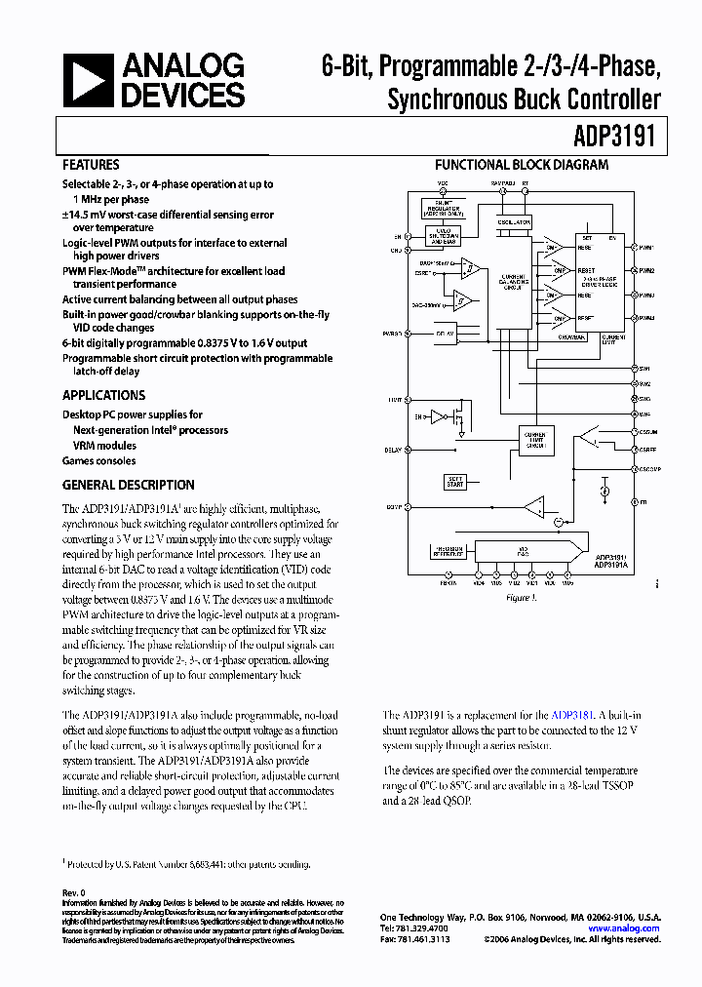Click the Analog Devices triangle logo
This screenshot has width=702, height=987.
pos(89,81)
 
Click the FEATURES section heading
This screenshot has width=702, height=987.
pos(91,165)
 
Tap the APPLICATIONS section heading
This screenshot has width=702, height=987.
pos(103,395)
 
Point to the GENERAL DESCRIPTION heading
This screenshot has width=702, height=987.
pos(128,485)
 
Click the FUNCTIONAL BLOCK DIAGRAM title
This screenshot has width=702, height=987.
pos(521,165)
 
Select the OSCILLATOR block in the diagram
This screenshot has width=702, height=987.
pos(514,222)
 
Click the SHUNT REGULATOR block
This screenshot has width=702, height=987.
pos(443,207)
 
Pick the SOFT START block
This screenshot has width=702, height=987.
pos(455,482)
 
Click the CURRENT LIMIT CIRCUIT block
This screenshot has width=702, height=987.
pos(534,437)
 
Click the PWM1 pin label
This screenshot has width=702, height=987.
pos(646,248)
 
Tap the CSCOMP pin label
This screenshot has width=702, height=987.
pos(649,469)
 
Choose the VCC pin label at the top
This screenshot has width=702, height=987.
pos(442,183)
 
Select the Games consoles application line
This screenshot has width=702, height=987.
pos(99,460)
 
